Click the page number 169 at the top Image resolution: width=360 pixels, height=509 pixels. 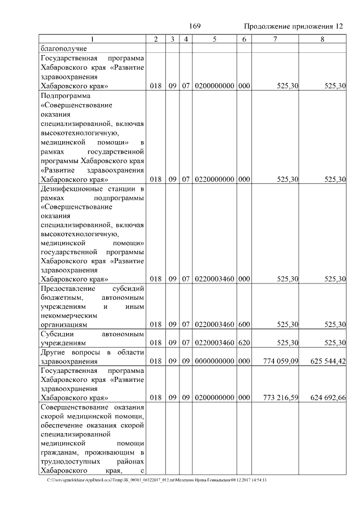point(195,26)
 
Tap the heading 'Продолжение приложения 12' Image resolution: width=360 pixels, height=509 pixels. point(293,27)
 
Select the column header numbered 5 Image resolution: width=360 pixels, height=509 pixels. point(214,39)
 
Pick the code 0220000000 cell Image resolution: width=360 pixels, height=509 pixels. point(214,179)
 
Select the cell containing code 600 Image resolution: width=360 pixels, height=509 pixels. point(244,324)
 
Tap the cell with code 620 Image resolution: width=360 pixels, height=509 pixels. point(244,343)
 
